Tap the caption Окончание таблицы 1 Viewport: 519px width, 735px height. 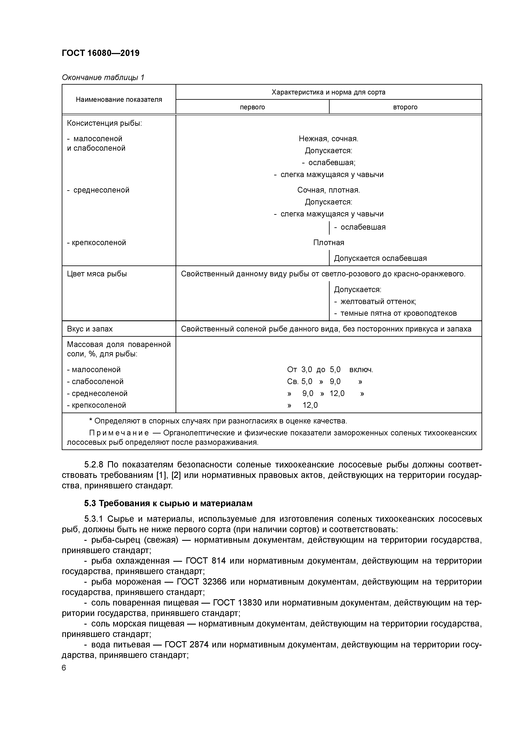(103, 78)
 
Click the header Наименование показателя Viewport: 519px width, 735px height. (119, 100)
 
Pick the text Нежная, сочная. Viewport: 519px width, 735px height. (328, 139)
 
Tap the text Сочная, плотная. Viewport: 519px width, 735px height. (328, 190)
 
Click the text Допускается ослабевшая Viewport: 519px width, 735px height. (380, 258)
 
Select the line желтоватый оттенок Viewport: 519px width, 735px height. (378, 302)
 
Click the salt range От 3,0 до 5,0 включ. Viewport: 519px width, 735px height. (330, 370)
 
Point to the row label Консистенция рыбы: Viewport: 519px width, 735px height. (104, 123)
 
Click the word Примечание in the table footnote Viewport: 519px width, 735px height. (119, 433)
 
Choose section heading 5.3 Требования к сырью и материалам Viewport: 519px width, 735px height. (168, 503)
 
